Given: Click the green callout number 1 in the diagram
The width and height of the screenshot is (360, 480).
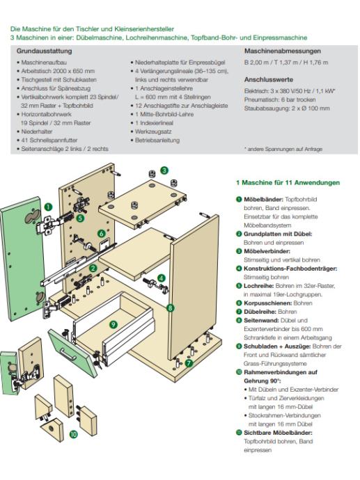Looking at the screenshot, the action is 49,207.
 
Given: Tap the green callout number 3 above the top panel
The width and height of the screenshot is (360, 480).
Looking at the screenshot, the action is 164,170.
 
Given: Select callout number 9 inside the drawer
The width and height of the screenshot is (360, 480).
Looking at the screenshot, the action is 114,324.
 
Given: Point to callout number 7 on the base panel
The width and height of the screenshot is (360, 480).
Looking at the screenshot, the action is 189,363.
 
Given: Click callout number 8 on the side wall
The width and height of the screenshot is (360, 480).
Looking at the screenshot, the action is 171,308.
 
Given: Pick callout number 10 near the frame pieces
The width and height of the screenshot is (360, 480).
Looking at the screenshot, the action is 74,434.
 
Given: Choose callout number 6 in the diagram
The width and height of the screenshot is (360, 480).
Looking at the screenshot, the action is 102,234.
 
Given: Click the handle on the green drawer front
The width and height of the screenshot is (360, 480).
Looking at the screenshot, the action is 68,354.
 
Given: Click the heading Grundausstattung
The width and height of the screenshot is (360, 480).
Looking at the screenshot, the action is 44,51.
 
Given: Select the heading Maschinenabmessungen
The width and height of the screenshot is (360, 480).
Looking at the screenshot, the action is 283,51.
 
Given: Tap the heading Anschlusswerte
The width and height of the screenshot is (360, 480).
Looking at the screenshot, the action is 269,79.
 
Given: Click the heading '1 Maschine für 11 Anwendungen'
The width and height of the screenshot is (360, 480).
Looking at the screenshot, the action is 288,183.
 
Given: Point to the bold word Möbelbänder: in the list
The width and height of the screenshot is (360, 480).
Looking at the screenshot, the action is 263,199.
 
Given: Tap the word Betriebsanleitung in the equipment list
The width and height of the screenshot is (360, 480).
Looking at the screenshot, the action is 157,141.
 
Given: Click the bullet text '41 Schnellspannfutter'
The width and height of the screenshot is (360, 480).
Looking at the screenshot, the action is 49,141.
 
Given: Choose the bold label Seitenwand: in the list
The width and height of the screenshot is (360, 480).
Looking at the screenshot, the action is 261,321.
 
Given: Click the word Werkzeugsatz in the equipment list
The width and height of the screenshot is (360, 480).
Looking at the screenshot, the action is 153,131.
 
